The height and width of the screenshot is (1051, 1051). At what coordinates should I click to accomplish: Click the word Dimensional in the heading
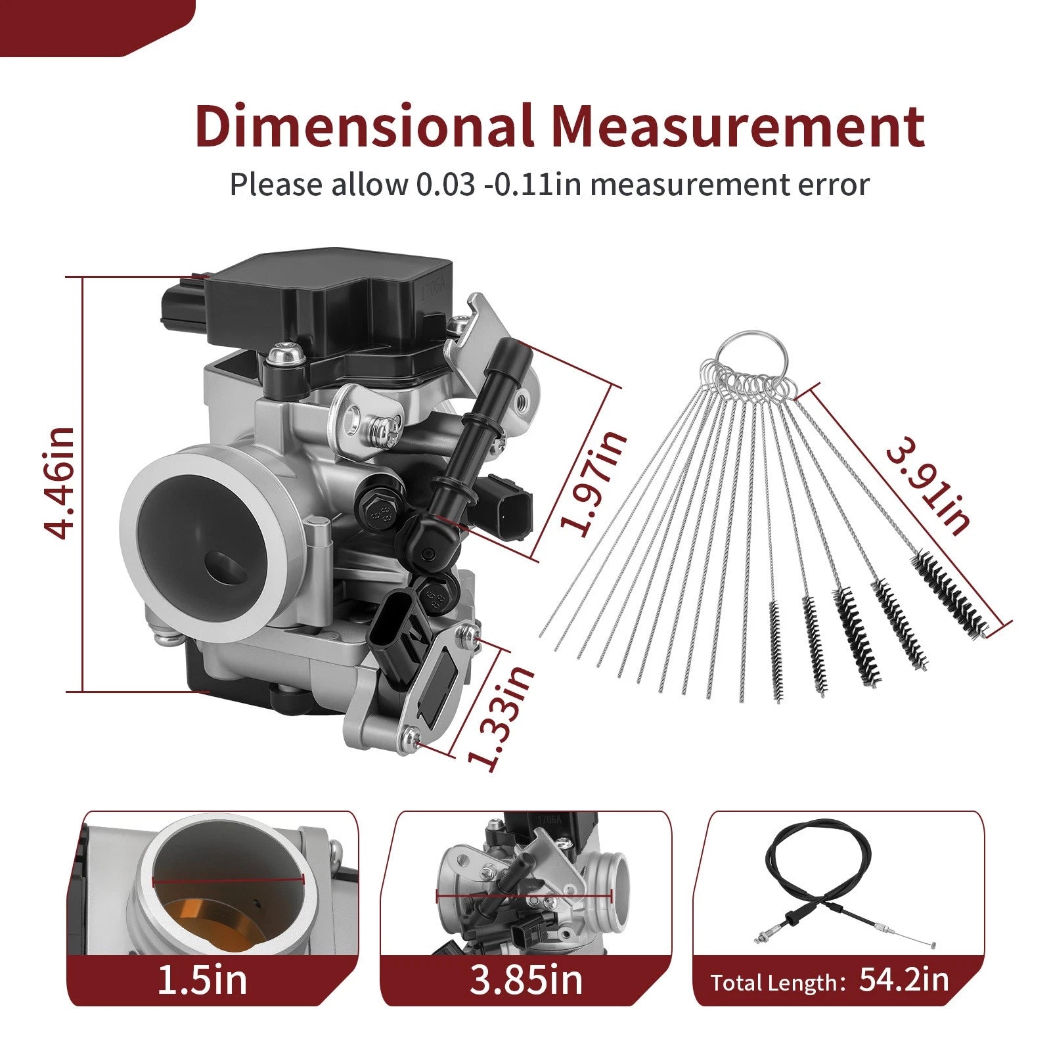tap(364, 125)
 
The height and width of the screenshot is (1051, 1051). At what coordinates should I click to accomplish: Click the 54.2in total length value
tap(904, 979)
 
